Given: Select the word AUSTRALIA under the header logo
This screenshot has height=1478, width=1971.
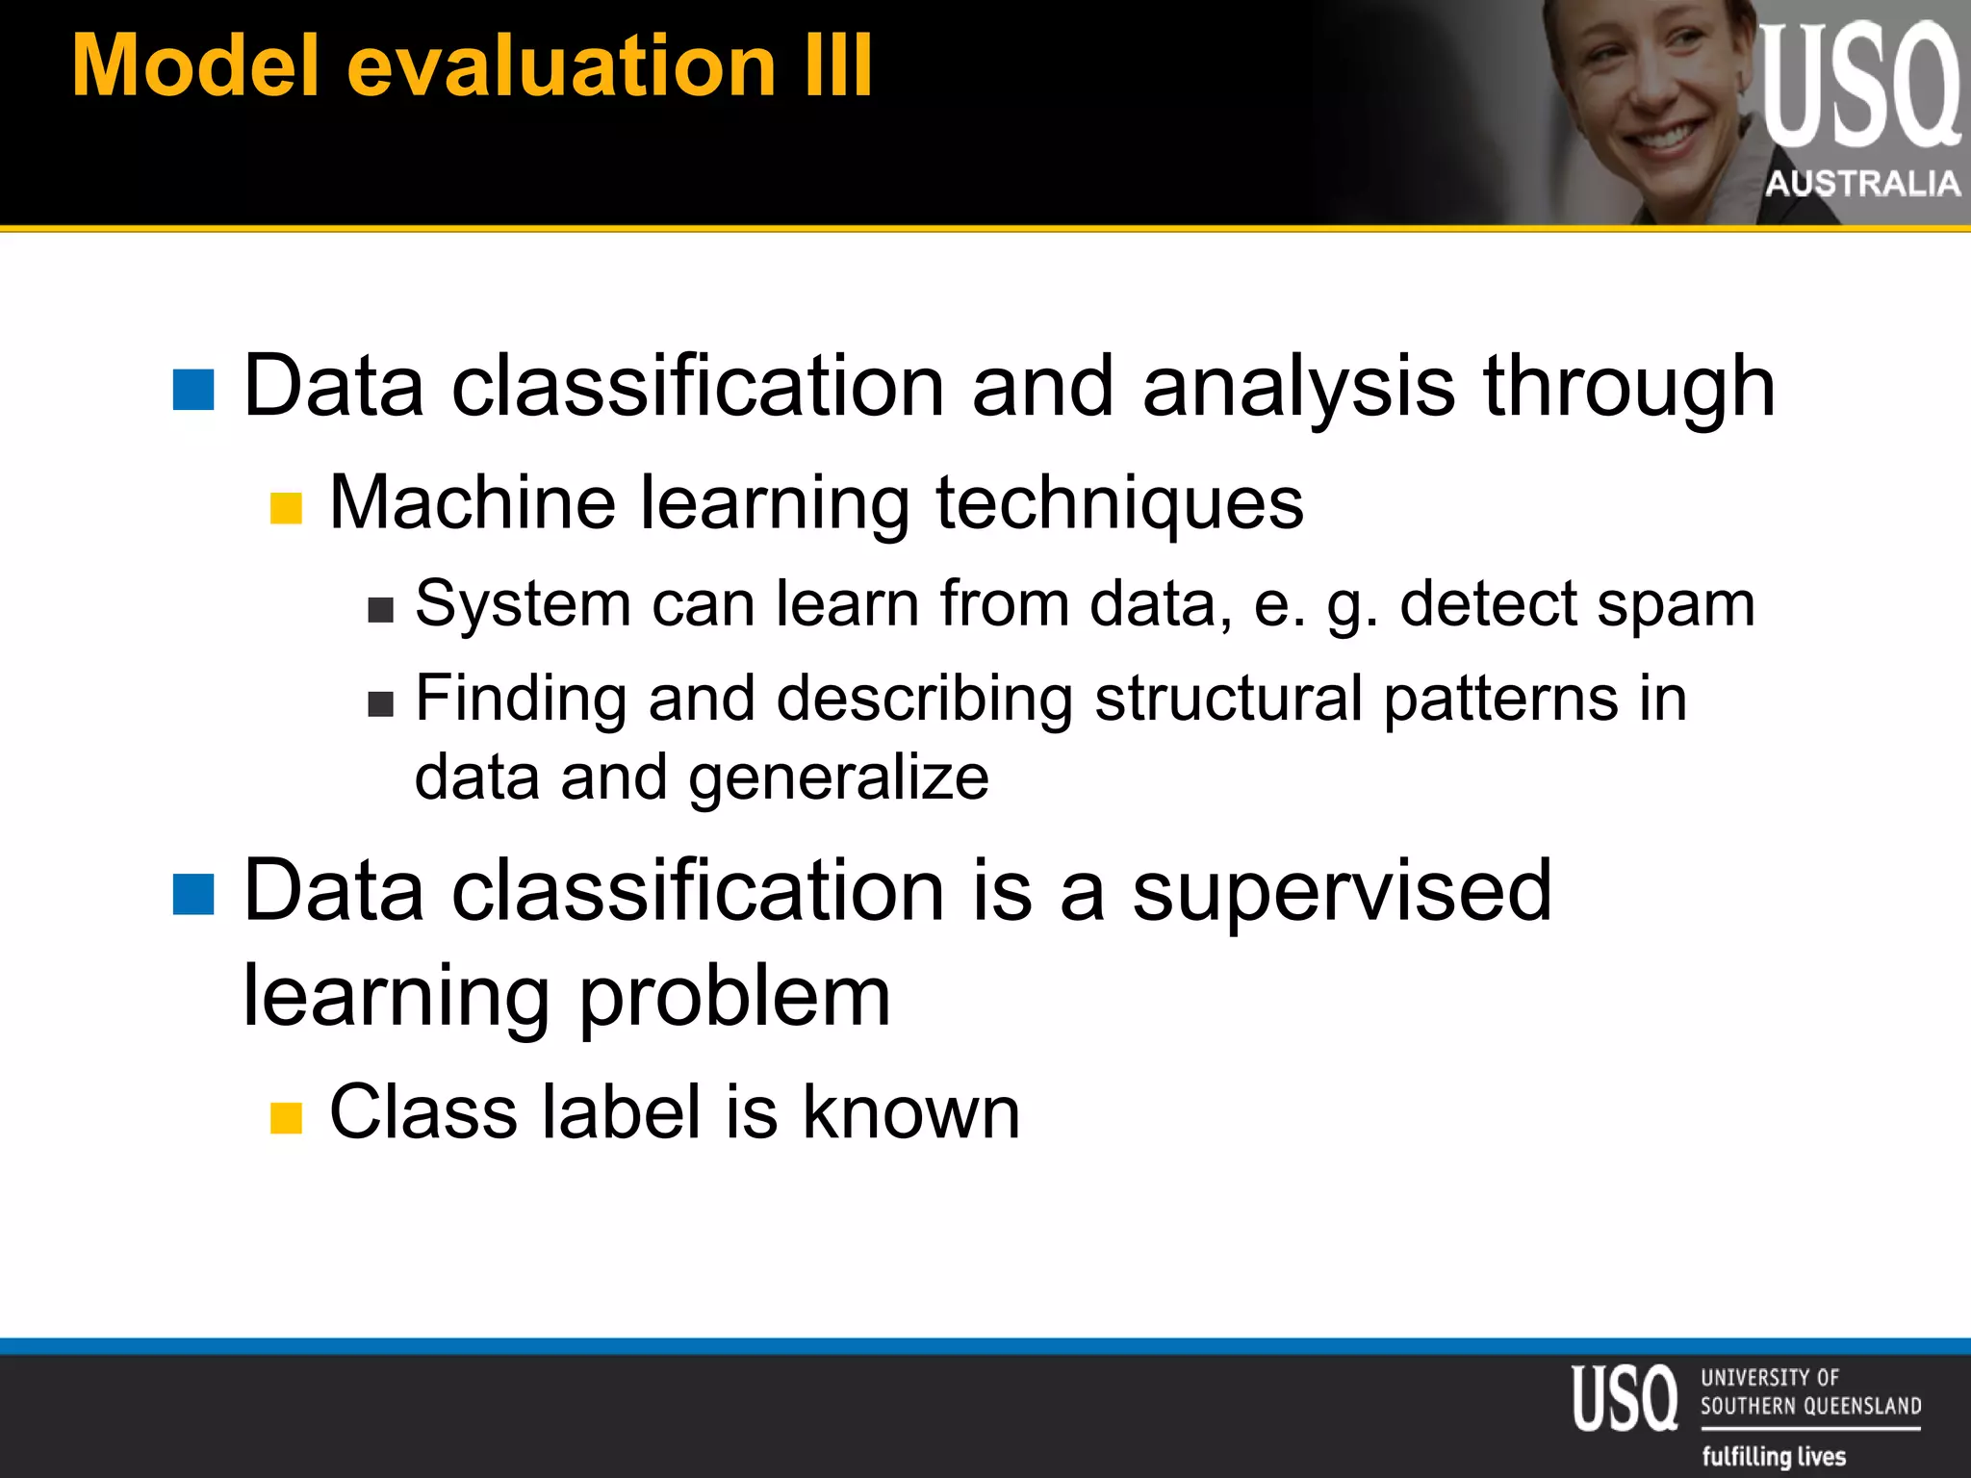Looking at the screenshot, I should (1862, 183).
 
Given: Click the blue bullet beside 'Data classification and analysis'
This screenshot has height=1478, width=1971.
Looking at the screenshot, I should (193, 390).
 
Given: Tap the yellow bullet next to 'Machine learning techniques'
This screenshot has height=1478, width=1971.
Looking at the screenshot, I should (286, 508).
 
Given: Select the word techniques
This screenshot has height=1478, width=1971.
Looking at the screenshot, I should (1119, 504).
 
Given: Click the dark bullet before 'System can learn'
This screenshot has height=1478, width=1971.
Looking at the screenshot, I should (381, 610).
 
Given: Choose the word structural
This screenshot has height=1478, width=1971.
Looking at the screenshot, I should (1228, 699).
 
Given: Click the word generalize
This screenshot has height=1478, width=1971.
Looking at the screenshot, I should (838, 778).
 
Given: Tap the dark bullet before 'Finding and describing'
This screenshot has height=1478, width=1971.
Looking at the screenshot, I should (381, 704).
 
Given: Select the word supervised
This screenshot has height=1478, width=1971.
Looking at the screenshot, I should (1342, 891).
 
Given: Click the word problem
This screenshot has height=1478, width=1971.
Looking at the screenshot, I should (735, 998).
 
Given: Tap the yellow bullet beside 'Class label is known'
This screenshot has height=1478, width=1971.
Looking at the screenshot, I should (286, 1117).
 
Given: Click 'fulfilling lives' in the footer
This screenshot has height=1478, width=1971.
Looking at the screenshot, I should (1773, 1456).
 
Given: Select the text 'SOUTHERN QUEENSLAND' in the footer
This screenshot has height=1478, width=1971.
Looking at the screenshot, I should (1810, 1406).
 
